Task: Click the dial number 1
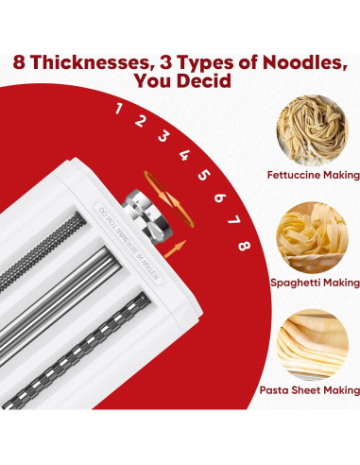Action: point(119,108)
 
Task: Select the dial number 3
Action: point(163,135)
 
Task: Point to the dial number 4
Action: point(184,154)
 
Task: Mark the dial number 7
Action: point(233,219)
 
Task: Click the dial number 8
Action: point(244,246)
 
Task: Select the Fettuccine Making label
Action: point(314,175)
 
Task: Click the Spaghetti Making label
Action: point(315,282)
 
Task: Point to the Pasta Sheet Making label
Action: point(311,389)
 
